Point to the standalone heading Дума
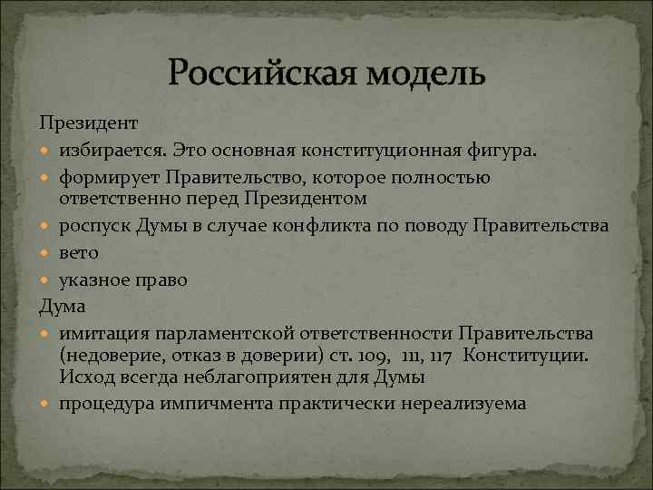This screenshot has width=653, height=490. coord(61,306)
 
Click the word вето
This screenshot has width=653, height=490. coord(79,253)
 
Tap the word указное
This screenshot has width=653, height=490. coord(95,279)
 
